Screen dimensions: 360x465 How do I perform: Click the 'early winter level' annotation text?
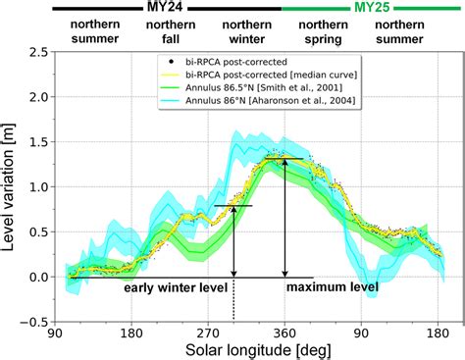point(176,288)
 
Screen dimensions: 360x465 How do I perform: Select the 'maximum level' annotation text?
point(331,288)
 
